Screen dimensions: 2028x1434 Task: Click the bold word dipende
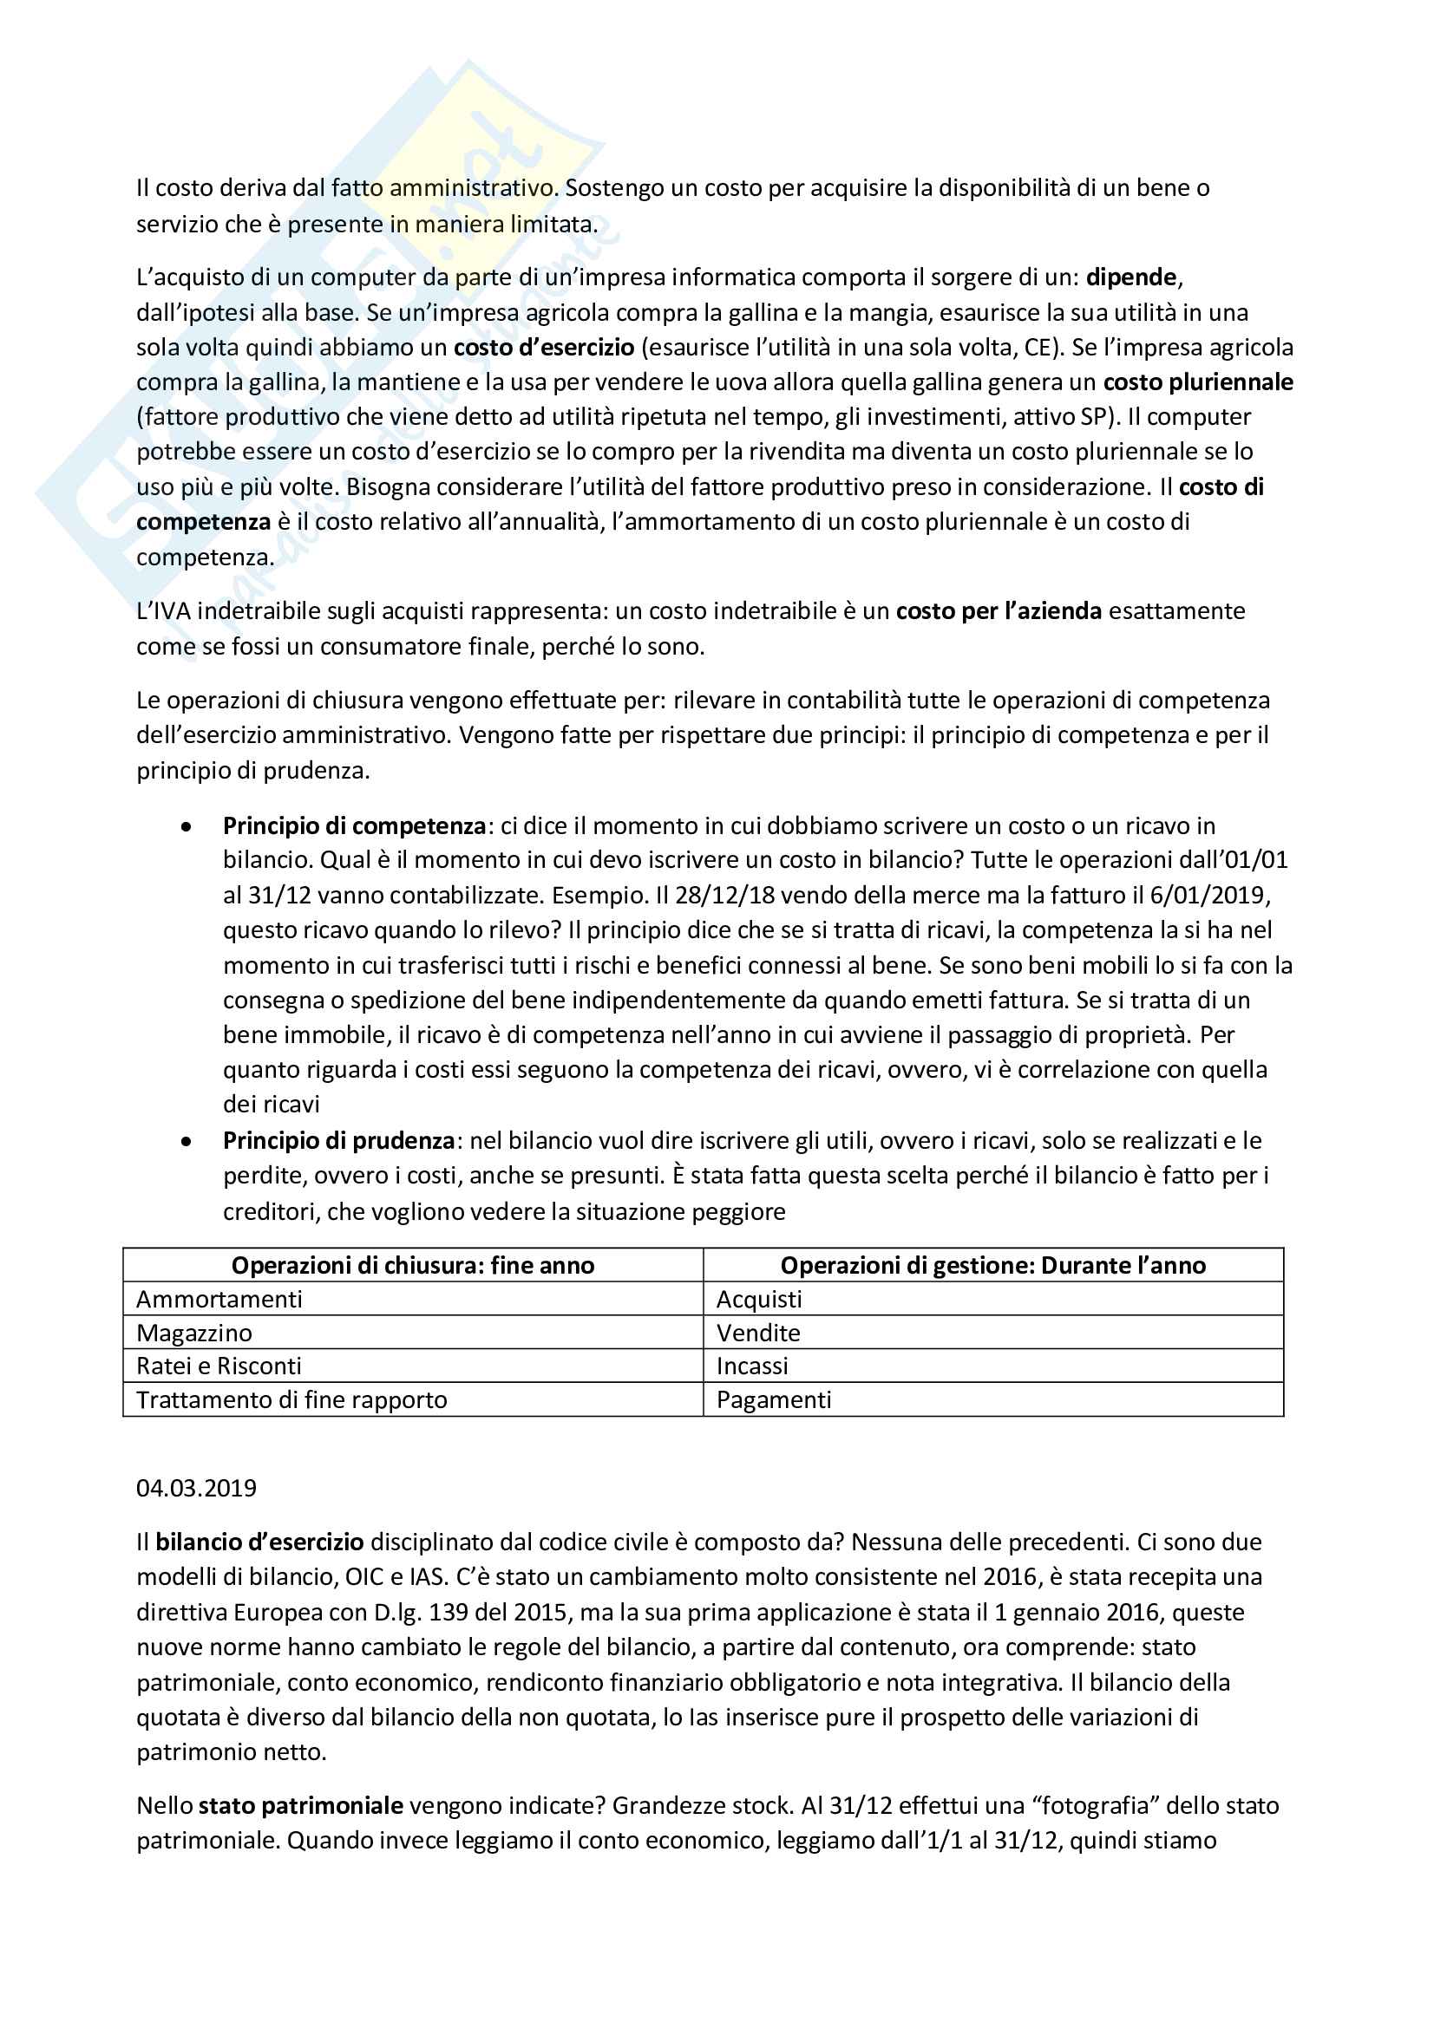pyautogui.click(x=1131, y=277)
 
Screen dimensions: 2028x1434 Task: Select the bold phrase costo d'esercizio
pyautogui.click(x=543, y=347)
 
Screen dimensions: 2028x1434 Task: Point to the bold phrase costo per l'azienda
pyautogui.click(x=999, y=611)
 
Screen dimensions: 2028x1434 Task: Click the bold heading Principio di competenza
pyautogui.click(x=353, y=826)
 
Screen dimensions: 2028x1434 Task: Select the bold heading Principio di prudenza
pyautogui.click(x=338, y=1140)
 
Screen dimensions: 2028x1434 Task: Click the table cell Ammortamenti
pyautogui.click(x=219, y=1300)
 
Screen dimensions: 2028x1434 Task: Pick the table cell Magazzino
pyautogui.click(x=194, y=1333)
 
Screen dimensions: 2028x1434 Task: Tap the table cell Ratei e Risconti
pyautogui.click(x=219, y=1366)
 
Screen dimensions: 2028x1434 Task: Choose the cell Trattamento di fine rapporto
pyautogui.click(x=291, y=1400)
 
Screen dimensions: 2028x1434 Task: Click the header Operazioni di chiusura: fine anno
pyautogui.click(x=413, y=1266)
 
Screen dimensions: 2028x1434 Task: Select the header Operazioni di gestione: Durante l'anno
pyautogui.click(x=993, y=1266)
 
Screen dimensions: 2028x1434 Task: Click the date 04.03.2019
pyautogui.click(x=196, y=1489)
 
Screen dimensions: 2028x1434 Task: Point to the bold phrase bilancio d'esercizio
pyautogui.click(x=259, y=1542)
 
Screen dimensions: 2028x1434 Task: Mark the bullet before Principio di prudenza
pyautogui.click(x=186, y=1141)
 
